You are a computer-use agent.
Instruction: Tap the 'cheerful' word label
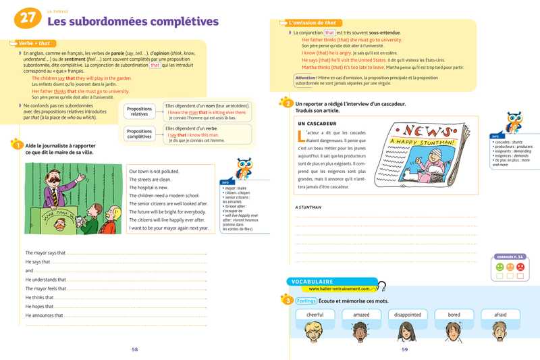[315, 315]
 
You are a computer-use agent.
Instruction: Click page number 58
[135, 349]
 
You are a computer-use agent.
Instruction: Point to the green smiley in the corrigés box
[499, 267]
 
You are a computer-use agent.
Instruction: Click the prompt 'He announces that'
[45, 315]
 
